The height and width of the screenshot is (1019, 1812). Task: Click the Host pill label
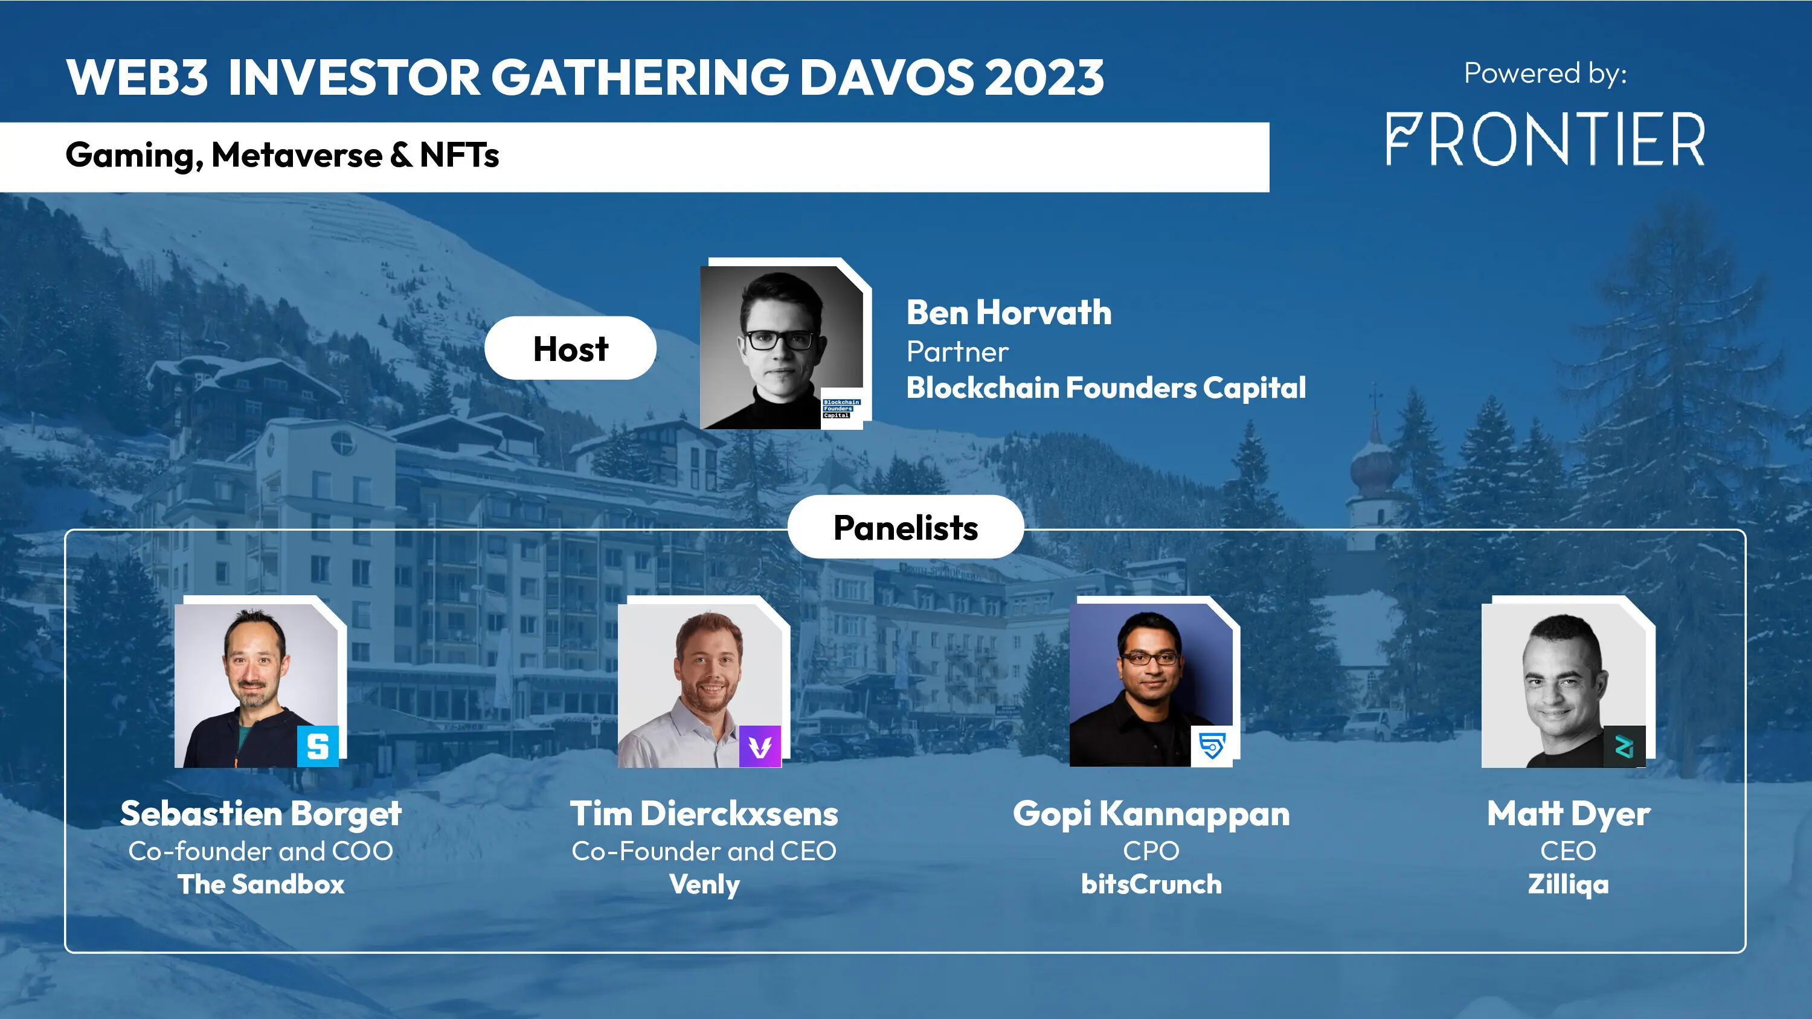coord(570,349)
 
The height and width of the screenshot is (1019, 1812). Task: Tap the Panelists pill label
coord(905,528)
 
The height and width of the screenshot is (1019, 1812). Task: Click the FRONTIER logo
coord(1546,139)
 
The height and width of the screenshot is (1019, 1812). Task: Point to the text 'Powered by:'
coord(1546,73)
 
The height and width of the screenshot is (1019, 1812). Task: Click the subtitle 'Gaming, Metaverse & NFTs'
coord(282,155)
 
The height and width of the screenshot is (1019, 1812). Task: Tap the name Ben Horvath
coord(1009,313)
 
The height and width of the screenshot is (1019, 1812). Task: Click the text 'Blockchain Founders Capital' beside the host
coord(1106,388)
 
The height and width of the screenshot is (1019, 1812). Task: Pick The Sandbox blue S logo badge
coord(318,746)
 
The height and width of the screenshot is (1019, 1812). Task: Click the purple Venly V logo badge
coord(760,746)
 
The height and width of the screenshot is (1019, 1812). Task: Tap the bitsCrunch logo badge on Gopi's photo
coord(1211,746)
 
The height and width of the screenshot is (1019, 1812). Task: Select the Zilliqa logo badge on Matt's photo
coord(1624,746)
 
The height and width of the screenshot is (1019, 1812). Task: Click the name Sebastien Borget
coord(261,814)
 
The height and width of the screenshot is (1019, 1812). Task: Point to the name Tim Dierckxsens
coord(704,814)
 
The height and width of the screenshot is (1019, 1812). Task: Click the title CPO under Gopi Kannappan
coord(1151,851)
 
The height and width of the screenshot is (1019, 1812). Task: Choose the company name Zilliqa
coord(1568,884)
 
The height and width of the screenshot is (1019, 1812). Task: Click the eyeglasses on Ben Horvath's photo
coord(779,340)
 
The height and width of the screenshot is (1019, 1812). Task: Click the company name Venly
coord(704,884)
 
